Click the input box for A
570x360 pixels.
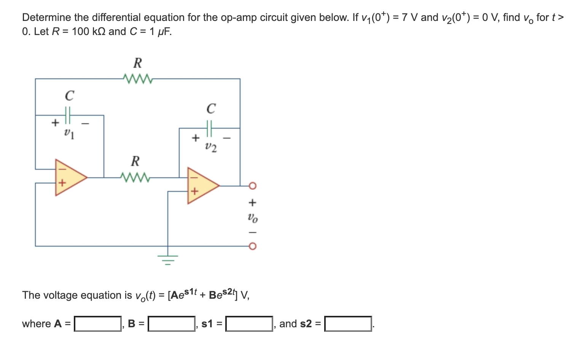pyautogui.click(x=98, y=324)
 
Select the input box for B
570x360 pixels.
pyautogui.click(x=171, y=324)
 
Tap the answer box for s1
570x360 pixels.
pyautogui.click(x=249, y=324)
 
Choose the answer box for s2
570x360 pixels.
pyautogui.click(x=348, y=324)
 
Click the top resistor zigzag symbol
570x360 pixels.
pyautogui.click(x=138, y=79)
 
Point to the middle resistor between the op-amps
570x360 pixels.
pyautogui.click(x=135, y=177)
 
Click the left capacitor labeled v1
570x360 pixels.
pyautogui.click(x=68, y=115)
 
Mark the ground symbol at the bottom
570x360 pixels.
pyautogui.click(x=168, y=259)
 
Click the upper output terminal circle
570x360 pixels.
pyautogui.click(x=253, y=186)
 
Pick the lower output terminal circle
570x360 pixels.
pyautogui.click(x=253, y=246)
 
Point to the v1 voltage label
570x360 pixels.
pyautogui.click(x=69, y=133)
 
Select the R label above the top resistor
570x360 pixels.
pyautogui.click(x=138, y=62)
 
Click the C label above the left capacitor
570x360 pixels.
pyautogui.click(x=69, y=96)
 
